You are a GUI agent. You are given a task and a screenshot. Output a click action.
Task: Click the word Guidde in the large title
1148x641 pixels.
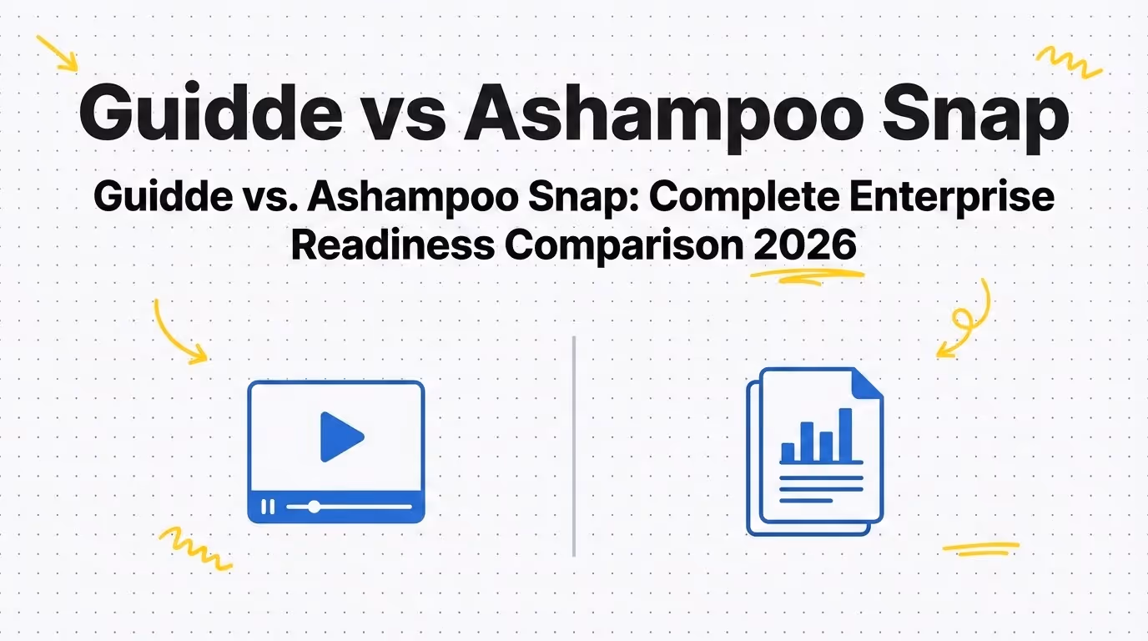click(210, 112)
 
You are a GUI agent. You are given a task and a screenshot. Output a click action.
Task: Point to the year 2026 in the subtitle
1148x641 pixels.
click(804, 245)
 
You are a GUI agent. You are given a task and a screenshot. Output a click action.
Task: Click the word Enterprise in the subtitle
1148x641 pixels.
click(952, 199)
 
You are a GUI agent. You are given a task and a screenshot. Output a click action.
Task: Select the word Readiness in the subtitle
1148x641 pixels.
click(393, 245)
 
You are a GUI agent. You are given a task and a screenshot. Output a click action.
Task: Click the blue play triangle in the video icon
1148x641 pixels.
click(340, 437)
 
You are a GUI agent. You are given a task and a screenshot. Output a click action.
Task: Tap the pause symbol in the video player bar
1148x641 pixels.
click(268, 507)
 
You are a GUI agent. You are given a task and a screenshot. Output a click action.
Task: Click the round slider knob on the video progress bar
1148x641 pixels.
click(314, 507)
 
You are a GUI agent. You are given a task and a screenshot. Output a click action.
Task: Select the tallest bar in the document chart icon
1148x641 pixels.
click(845, 435)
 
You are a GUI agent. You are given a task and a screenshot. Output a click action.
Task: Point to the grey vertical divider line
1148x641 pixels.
click(573, 447)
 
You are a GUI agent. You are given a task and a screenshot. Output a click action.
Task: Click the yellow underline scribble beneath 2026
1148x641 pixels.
click(807, 277)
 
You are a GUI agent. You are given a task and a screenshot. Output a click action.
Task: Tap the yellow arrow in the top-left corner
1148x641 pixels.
click(57, 53)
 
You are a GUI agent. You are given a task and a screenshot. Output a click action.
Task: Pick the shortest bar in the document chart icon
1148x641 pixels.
click(788, 452)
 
